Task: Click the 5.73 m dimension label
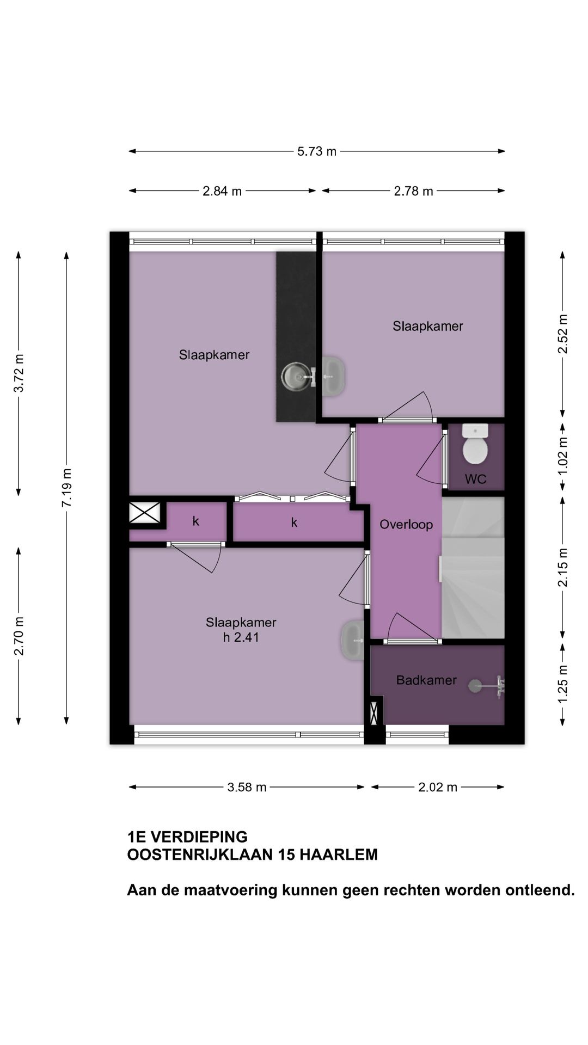coord(316,151)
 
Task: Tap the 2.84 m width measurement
coord(222,191)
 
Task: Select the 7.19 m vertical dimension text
coord(66,488)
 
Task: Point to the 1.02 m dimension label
coord(563,456)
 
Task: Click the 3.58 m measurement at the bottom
coord(247,787)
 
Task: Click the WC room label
coord(475,480)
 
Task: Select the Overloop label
coord(406,525)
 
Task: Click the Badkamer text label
coord(426,680)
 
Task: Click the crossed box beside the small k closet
coord(144,513)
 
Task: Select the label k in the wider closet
coord(294,523)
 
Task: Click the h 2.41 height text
coord(241,637)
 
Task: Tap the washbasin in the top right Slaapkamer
coord(333,376)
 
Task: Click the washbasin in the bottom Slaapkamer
coord(353,641)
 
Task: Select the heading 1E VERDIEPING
coord(187,837)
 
